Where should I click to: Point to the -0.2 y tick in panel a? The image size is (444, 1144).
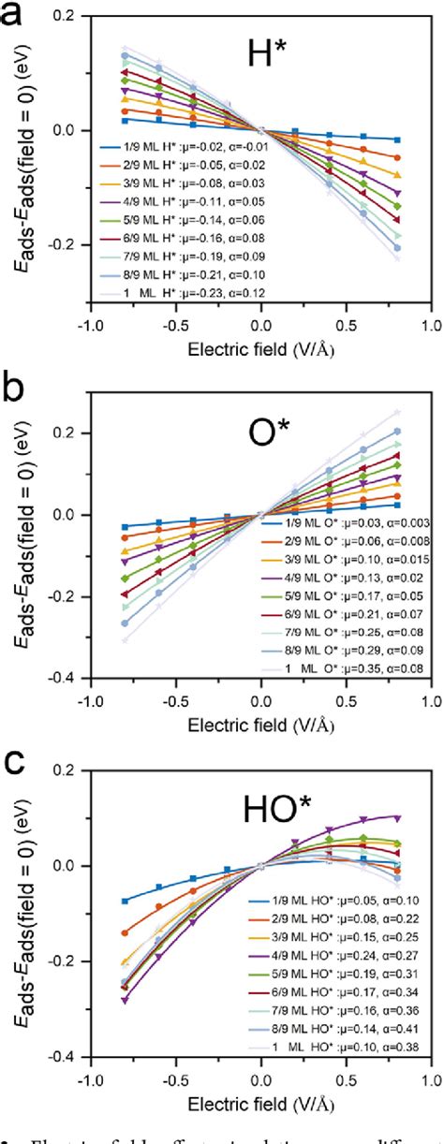(73, 243)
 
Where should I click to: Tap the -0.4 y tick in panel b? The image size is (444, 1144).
(73, 677)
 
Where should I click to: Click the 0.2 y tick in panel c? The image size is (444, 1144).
(77, 770)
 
